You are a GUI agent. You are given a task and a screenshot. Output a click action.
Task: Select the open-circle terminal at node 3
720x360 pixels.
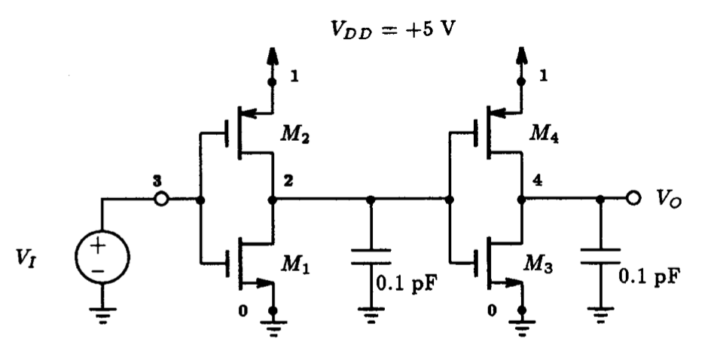pyautogui.click(x=160, y=201)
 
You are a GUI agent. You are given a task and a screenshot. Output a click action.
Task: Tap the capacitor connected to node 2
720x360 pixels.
pyautogui.click(x=371, y=256)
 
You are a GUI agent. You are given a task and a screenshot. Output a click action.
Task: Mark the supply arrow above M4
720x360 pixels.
pyautogui.click(x=520, y=59)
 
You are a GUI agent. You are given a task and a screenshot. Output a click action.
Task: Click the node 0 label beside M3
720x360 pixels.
pyautogui.click(x=493, y=310)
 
